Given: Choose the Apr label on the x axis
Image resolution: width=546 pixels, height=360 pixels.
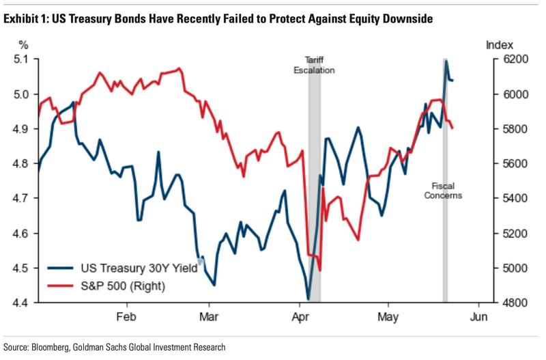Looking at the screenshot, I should tap(301, 317).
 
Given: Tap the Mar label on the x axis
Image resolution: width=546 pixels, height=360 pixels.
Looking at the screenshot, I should tap(209, 317).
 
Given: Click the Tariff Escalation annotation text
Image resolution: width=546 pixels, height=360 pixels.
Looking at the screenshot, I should tap(315, 64).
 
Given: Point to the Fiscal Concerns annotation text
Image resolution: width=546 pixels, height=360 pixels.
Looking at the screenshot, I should tap(447, 190).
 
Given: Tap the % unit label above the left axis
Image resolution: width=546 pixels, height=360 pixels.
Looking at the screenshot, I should tap(24, 45).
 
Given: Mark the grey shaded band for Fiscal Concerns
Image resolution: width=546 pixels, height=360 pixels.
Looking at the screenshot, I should tap(445, 205).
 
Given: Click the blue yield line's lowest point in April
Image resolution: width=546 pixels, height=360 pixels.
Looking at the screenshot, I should tap(308, 299).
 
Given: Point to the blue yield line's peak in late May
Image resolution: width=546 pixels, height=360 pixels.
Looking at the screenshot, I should tap(446, 61).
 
